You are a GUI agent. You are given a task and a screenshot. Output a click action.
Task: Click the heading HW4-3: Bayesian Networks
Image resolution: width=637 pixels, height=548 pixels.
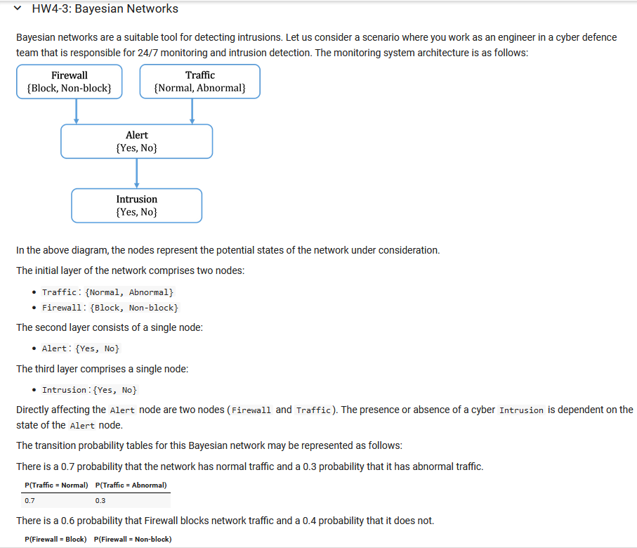tap(105, 9)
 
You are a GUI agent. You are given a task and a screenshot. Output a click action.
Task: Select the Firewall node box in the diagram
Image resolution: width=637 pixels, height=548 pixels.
tap(70, 81)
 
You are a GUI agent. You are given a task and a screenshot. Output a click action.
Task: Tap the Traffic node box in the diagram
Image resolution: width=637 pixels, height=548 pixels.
tap(200, 81)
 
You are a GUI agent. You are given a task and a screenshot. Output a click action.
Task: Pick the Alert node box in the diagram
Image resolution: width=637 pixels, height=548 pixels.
tap(136, 141)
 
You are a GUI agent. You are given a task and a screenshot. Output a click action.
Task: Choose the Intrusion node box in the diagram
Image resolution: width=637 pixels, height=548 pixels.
tap(136, 205)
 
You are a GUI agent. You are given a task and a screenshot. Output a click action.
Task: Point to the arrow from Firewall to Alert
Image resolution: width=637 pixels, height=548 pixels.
tap(76, 111)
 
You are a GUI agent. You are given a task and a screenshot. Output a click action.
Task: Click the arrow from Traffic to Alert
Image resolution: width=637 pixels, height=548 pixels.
tap(192, 111)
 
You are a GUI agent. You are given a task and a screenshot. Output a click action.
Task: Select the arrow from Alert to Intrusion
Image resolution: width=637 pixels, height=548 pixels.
tap(136, 173)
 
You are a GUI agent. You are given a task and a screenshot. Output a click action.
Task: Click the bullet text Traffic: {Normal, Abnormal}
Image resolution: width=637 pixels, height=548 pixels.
tap(107, 292)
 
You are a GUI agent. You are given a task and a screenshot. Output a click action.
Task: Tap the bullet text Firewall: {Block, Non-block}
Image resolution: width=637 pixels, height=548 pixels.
tap(110, 308)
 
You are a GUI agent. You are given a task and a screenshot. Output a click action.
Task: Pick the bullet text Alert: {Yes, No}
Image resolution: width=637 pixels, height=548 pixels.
tap(80, 348)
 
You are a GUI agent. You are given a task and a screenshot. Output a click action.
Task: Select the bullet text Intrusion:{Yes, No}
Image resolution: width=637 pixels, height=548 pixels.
tap(89, 390)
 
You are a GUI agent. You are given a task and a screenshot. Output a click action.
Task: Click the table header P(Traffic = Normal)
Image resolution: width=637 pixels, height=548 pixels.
tap(56, 485)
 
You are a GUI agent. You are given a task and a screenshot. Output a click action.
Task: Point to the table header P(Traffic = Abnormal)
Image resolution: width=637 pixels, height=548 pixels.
tap(131, 485)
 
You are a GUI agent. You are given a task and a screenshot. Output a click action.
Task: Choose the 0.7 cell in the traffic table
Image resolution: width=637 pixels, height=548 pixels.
tap(29, 501)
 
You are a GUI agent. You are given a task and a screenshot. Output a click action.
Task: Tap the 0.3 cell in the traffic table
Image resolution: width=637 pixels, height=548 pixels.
tap(100, 501)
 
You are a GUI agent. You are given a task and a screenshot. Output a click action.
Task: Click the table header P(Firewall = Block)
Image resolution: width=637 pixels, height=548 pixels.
tap(55, 539)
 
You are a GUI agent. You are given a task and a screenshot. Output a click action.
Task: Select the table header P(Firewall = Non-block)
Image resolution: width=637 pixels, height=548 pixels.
tap(132, 539)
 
